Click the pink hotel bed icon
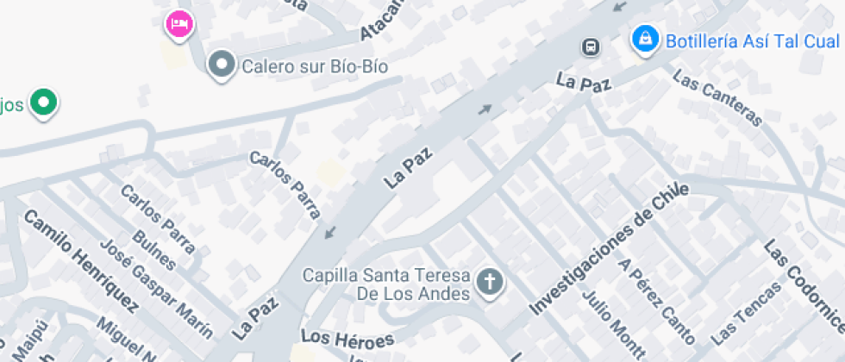point(179,23)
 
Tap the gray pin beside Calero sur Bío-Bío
point(222,64)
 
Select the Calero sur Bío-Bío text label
point(314,66)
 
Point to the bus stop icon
point(591,46)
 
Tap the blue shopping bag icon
point(644,39)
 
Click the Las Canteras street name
point(717,98)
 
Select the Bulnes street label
point(154,250)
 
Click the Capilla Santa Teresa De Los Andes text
point(385,284)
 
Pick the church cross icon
point(490,282)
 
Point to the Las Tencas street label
point(747,312)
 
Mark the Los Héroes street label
point(347,338)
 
